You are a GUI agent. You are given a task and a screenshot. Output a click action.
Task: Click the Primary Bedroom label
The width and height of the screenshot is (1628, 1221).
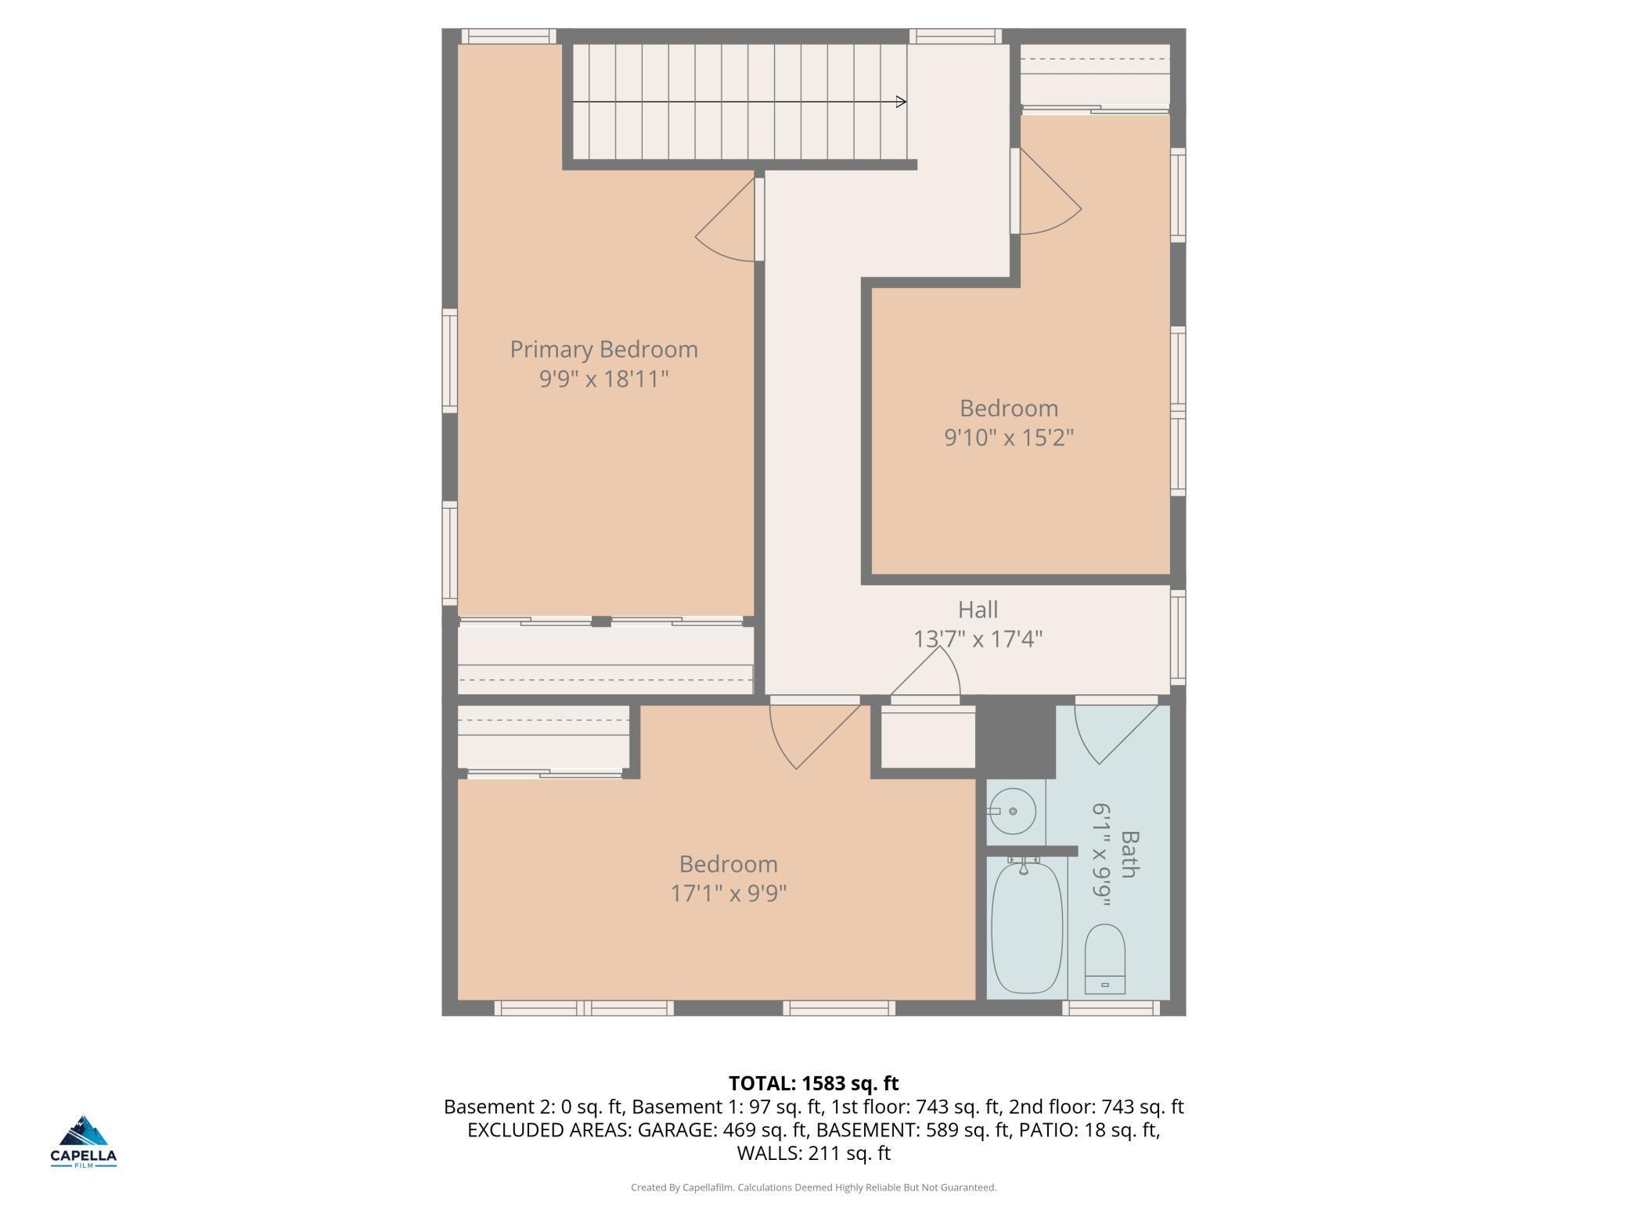coord(603,349)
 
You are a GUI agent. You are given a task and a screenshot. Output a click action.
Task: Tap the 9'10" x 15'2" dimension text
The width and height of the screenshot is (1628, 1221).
coord(1009,438)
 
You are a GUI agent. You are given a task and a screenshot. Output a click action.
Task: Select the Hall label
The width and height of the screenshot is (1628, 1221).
coord(978,610)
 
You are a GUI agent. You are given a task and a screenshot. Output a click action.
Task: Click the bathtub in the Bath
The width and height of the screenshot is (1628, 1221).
coord(1026,927)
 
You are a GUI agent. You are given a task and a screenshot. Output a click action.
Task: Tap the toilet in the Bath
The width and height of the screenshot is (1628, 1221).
coord(1104,959)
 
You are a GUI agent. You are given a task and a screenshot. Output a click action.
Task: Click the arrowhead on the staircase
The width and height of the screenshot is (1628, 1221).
coord(901,102)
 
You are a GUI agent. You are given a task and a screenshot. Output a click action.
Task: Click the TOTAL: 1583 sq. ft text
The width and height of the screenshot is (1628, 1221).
coord(813,1083)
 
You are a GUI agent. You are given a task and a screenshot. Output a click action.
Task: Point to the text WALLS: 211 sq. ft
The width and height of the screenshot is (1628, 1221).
coord(813,1153)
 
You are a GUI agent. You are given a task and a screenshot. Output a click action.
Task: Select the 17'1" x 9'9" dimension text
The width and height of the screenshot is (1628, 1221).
coord(728,893)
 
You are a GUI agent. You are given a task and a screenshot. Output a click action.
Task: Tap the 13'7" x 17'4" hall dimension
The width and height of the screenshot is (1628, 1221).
coord(978,639)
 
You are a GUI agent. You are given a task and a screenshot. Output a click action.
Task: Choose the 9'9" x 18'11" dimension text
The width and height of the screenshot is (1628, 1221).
coord(603,379)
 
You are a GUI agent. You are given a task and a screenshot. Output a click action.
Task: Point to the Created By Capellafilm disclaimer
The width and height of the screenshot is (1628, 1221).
coord(813,1187)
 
